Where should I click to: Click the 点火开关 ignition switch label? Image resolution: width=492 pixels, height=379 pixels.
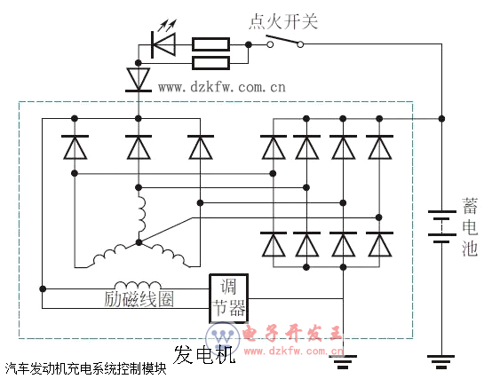click(x=283, y=22)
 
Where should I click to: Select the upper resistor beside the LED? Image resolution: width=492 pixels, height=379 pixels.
click(x=210, y=44)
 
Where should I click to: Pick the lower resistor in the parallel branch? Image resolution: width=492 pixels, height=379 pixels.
click(x=210, y=63)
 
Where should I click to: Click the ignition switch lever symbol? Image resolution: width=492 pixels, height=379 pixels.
click(x=285, y=41)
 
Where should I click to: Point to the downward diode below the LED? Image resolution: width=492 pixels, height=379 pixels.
click(x=138, y=80)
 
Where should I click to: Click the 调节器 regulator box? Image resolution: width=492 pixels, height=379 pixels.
click(x=229, y=298)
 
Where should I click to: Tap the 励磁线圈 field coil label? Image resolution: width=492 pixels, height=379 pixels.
click(x=139, y=299)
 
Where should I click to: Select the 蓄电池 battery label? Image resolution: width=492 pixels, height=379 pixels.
click(x=470, y=226)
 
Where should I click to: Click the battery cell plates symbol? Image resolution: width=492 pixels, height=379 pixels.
click(x=441, y=226)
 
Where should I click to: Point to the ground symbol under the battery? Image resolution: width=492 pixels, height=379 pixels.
click(x=441, y=362)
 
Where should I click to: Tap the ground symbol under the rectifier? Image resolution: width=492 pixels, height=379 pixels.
click(x=343, y=362)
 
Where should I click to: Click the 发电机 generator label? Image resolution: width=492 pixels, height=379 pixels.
click(x=204, y=354)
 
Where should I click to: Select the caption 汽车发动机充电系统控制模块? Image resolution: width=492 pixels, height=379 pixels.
click(x=85, y=368)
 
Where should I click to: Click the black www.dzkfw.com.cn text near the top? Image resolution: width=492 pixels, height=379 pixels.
click(x=222, y=87)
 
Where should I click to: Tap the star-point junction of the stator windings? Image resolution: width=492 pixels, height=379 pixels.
click(x=139, y=242)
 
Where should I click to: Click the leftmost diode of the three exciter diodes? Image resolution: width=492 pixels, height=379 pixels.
click(x=75, y=147)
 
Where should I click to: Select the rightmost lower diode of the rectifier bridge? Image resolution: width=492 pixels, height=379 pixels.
click(x=379, y=244)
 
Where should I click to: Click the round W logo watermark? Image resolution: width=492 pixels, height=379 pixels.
click(x=223, y=338)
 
